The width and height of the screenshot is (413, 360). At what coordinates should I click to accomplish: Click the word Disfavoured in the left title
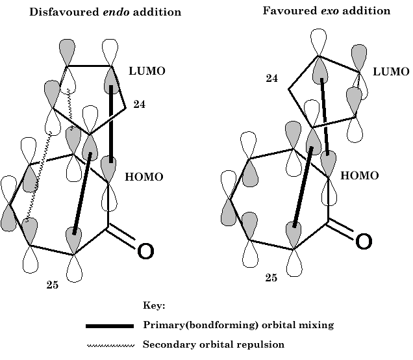61,12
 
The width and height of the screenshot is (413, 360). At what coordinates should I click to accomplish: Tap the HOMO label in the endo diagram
145,177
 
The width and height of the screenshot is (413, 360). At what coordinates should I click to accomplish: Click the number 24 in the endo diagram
140,104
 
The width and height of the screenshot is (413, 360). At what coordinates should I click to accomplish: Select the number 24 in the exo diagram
271,79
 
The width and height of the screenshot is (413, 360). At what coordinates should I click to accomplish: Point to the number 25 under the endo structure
52,284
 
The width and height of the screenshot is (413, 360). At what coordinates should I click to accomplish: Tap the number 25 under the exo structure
271,278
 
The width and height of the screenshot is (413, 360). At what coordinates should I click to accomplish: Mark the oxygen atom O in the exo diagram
364,242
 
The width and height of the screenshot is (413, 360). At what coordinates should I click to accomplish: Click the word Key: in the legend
155,304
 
